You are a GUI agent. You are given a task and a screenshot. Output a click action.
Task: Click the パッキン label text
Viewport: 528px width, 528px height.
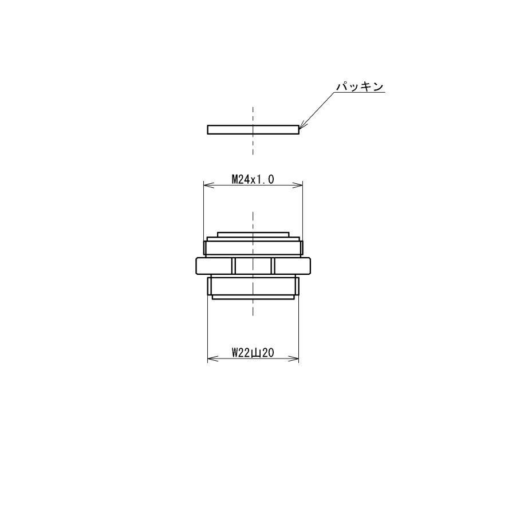360,86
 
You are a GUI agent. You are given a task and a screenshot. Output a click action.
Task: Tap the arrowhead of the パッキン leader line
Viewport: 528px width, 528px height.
302,126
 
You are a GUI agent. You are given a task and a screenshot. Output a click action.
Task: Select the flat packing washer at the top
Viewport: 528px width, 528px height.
253,129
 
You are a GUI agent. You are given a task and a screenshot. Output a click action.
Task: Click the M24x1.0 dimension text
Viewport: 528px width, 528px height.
253,179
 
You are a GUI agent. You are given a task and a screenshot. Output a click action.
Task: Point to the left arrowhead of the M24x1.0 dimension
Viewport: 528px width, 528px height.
209,185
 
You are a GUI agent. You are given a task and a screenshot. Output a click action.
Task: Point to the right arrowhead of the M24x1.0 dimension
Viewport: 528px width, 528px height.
297,185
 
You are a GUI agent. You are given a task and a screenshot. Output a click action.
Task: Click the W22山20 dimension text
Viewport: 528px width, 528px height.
253,353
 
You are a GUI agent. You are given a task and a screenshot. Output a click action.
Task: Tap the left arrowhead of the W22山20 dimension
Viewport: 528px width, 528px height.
212,358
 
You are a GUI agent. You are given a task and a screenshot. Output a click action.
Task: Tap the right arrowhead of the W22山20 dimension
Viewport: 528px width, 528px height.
294,358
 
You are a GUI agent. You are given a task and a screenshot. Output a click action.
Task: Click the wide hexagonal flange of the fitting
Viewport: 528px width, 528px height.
253,266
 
